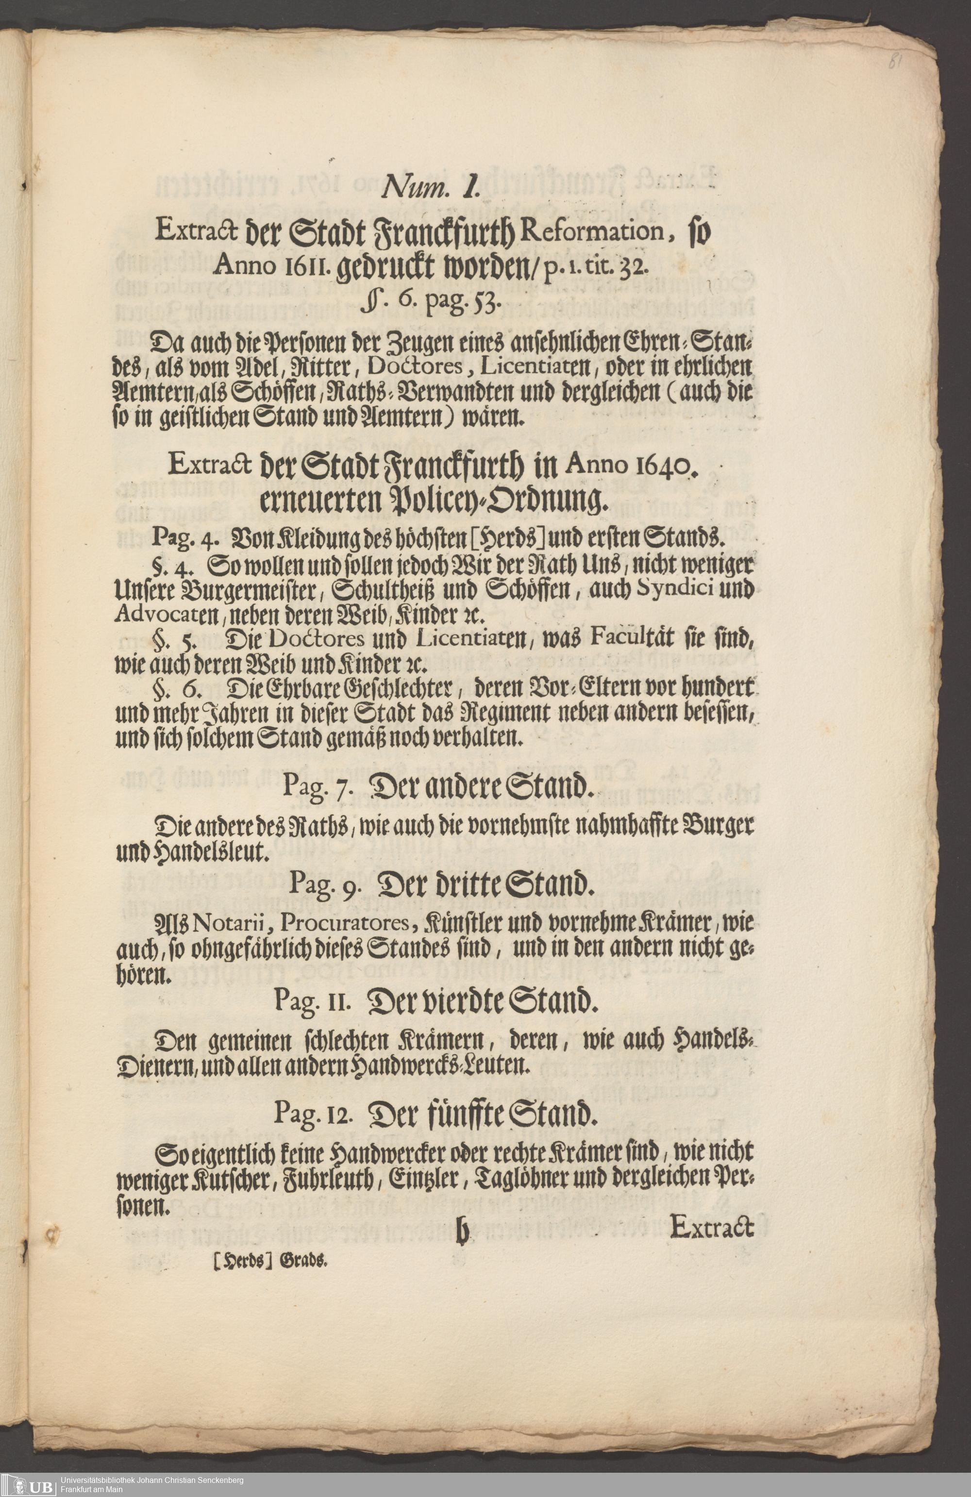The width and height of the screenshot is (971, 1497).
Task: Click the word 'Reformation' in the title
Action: coord(591,230)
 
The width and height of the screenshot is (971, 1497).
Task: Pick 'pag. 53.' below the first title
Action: coord(466,306)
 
